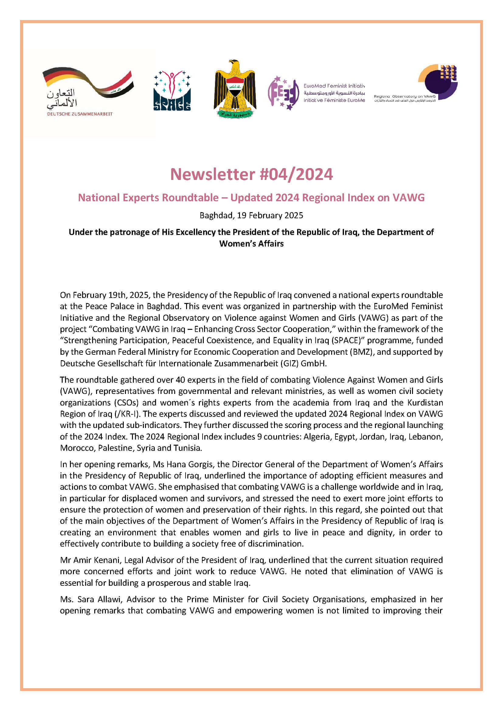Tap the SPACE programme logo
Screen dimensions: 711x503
[x=172, y=91]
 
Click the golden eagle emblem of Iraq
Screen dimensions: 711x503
[x=235, y=89]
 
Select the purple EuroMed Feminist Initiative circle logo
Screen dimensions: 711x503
[x=283, y=93]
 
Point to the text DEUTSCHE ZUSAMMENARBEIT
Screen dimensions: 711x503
[x=80, y=114]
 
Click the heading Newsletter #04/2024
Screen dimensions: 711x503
[x=251, y=174]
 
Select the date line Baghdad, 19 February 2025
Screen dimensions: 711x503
[x=251, y=216]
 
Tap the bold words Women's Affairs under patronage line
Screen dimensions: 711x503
[x=251, y=244]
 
